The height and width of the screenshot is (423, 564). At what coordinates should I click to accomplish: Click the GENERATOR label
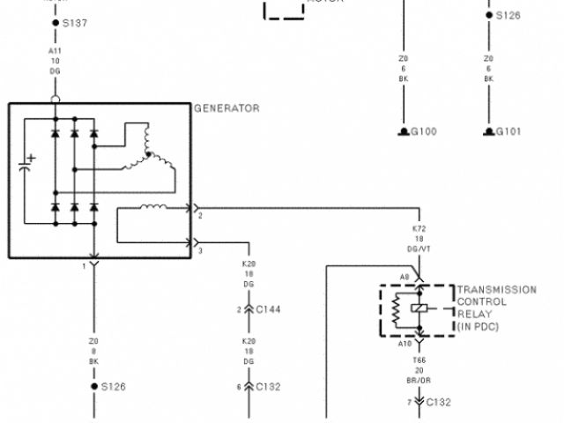click(226, 108)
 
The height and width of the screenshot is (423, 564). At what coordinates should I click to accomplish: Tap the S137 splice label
click(75, 22)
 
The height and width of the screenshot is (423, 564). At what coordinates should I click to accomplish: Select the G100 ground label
click(423, 132)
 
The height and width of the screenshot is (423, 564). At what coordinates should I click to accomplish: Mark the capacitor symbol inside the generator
click(26, 166)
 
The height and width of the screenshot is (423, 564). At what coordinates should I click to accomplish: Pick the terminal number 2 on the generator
click(200, 215)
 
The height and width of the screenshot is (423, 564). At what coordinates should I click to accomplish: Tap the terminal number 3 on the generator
click(200, 251)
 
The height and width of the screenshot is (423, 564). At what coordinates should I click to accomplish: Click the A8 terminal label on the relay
click(404, 277)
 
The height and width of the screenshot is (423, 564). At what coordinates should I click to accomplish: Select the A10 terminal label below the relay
click(404, 344)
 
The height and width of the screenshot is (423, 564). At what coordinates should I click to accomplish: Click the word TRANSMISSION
click(496, 289)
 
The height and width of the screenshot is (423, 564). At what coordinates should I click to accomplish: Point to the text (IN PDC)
click(478, 326)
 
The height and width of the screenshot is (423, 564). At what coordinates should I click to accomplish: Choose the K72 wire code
click(419, 228)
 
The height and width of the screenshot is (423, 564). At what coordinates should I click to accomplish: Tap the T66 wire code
click(419, 360)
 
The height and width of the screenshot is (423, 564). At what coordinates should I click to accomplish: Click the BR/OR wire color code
click(419, 381)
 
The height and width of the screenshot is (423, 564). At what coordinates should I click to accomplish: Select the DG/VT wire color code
click(419, 249)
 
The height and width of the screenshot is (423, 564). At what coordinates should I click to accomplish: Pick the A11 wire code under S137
click(55, 51)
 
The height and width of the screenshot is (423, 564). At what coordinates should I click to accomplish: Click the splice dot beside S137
click(56, 22)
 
